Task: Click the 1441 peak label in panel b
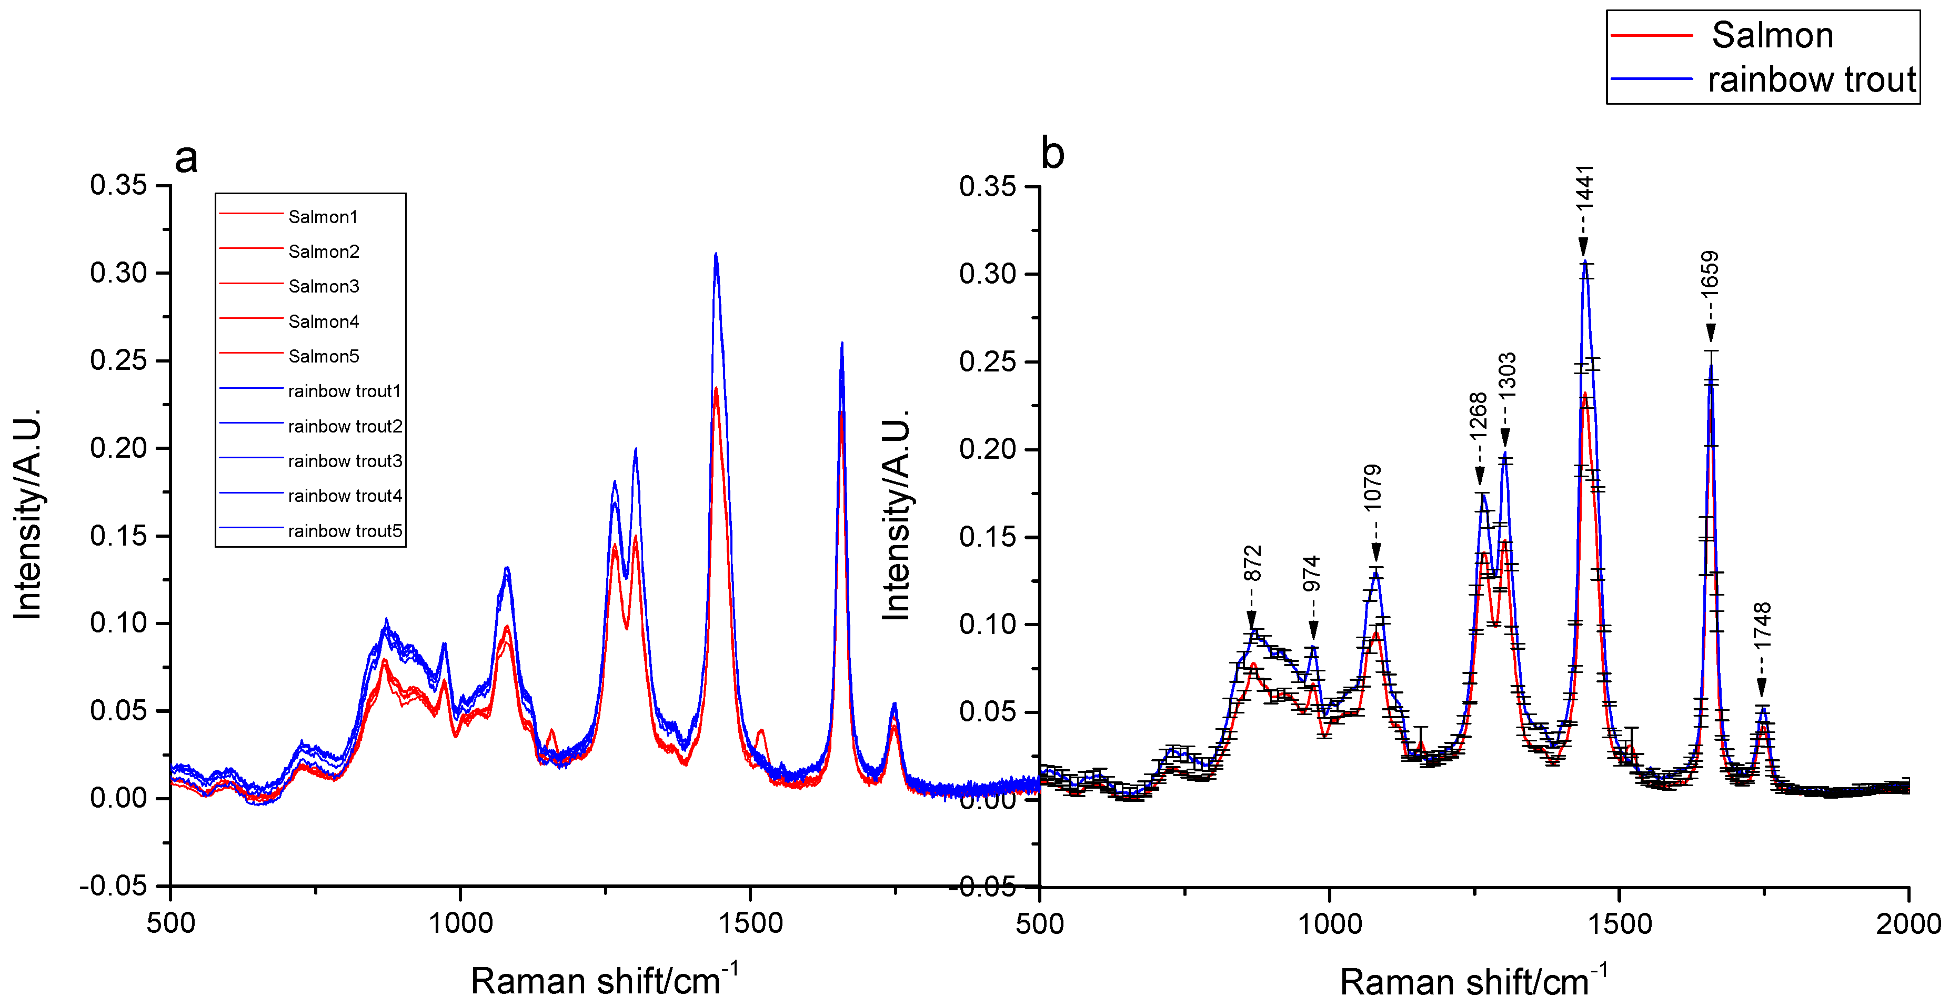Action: [x=1585, y=188]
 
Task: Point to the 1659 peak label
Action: [x=1710, y=273]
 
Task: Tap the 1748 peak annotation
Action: [x=1762, y=625]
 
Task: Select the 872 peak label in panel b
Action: [x=1253, y=564]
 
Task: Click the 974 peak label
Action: [x=1311, y=574]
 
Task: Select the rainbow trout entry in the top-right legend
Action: [x=1811, y=79]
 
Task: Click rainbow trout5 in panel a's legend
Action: [x=344, y=531]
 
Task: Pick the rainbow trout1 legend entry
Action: [x=344, y=391]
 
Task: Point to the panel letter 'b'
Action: [x=1052, y=154]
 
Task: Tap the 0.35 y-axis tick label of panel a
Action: [x=119, y=185]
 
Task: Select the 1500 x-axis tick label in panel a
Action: [x=750, y=923]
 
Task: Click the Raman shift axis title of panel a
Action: [x=604, y=980]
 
